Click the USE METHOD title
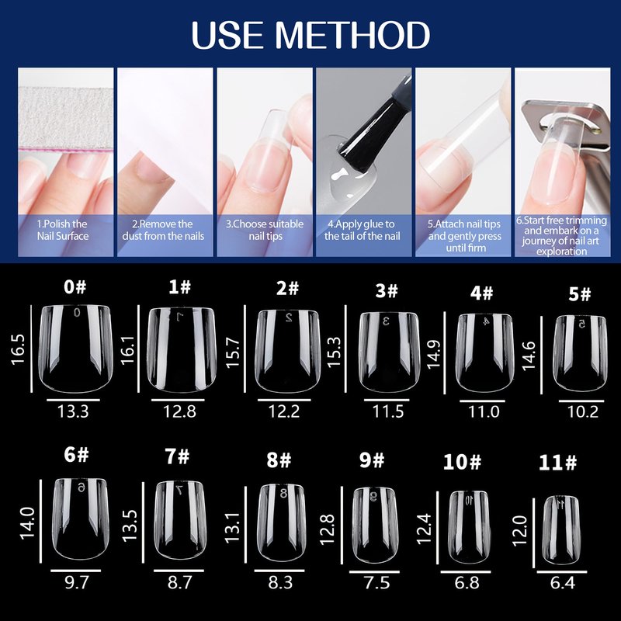coord(310,35)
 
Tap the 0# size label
coord(75,286)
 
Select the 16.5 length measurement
coord(18,349)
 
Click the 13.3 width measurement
coord(73,411)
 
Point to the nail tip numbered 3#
coord(390,352)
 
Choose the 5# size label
coord(579,294)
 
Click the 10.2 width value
coord(583,412)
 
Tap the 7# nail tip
coord(180,520)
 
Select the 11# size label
coord(557,462)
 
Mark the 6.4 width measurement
coord(562,583)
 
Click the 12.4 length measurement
coord(423,529)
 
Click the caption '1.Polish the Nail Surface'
coord(63,230)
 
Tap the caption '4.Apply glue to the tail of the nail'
coord(362,230)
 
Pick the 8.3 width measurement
coord(280,583)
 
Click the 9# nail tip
coord(374,526)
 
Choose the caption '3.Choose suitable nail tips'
coord(265,230)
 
